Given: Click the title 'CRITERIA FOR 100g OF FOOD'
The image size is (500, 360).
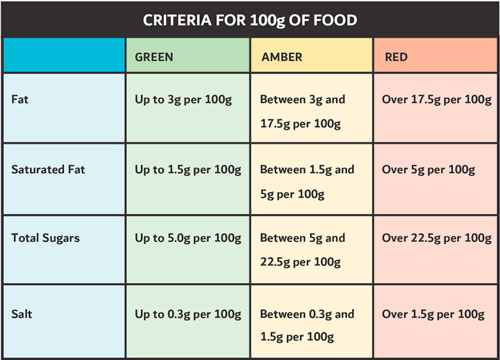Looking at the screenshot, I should click(250, 19).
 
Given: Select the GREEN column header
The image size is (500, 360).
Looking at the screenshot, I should click(154, 57).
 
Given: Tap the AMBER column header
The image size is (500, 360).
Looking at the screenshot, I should click(281, 57).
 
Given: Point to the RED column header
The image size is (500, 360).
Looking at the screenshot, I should click(396, 57).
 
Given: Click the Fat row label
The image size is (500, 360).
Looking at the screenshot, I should click(20, 100).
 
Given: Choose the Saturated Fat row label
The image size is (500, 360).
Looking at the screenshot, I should click(48, 169).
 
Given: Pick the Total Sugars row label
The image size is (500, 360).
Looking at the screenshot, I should click(45, 238).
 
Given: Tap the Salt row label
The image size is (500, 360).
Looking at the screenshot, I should click(22, 314).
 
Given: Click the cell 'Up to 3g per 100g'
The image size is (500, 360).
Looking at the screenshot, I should click(183, 100).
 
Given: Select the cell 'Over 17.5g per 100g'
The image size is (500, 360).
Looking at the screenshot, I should click(437, 100).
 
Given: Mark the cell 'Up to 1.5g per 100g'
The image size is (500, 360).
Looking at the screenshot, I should click(187, 169).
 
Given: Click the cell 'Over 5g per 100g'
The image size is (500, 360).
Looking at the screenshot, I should click(429, 169).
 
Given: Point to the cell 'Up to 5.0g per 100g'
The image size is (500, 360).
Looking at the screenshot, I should click(187, 238).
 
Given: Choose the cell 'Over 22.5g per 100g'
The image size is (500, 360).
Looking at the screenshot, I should click(437, 238).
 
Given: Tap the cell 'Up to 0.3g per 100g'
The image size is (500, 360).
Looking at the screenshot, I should click(187, 314).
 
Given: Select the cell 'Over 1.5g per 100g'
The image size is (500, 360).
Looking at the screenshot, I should click(433, 314).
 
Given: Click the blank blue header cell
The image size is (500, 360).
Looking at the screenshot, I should click(64, 56).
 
